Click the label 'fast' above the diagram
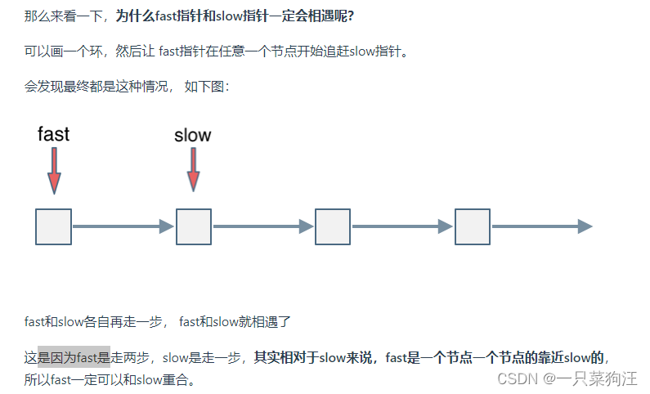click(54, 133)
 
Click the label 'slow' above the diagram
click(193, 135)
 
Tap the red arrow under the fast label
click(54, 171)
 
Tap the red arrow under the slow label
click(194, 170)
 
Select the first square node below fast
click(54, 226)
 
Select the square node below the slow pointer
click(194, 226)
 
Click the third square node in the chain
click(333, 226)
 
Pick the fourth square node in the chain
click(473, 226)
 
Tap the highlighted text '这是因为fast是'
click(74, 356)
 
